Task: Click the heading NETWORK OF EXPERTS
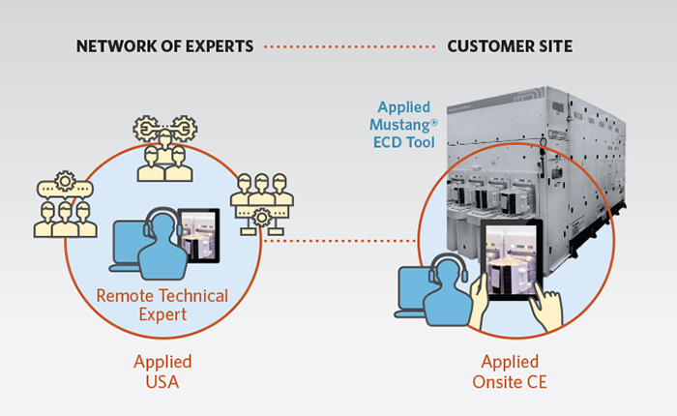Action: tap(165, 46)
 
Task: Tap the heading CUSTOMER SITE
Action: tap(510, 46)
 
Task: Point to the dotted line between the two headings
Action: tap(350, 46)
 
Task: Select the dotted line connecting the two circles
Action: tap(339, 241)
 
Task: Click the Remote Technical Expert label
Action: tap(162, 305)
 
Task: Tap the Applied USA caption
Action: tap(162, 371)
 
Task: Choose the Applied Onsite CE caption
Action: tap(510, 371)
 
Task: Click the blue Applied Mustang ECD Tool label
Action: tap(403, 125)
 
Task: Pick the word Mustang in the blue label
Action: tap(399, 125)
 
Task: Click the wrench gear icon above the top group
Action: tap(165, 128)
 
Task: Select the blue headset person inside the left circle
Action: tap(162, 244)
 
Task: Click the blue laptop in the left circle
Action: tap(127, 247)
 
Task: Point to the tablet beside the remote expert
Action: tap(199, 235)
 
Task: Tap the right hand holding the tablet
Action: tap(547, 306)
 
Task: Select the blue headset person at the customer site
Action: tap(447, 290)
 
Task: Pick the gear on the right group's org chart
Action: tap(262, 217)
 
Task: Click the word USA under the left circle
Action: tap(162, 382)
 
